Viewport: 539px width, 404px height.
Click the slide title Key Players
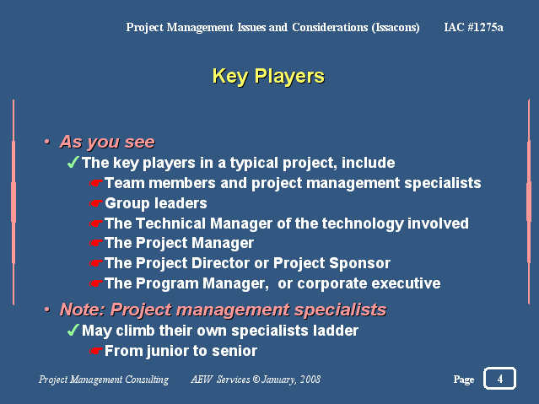coord(268,77)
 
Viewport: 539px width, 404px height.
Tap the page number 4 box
coord(499,379)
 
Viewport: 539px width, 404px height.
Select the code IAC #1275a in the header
coord(473,27)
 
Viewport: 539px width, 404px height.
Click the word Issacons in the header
coord(396,28)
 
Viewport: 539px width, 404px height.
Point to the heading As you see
coord(107,142)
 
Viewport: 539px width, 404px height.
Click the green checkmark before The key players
coord(73,162)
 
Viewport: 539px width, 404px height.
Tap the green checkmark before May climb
coord(73,330)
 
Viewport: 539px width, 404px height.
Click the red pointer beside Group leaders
coord(96,203)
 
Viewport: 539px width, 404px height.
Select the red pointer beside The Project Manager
coord(96,243)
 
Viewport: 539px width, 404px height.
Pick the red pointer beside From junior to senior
coord(96,351)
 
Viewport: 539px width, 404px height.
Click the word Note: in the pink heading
coord(83,310)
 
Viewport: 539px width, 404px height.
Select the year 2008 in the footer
coord(310,380)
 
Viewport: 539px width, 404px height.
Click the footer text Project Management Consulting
coord(104,380)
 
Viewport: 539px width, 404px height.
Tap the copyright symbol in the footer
coord(256,380)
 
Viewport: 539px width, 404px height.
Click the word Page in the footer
coord(464,380)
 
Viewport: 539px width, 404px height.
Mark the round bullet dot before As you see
coord(47,142)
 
